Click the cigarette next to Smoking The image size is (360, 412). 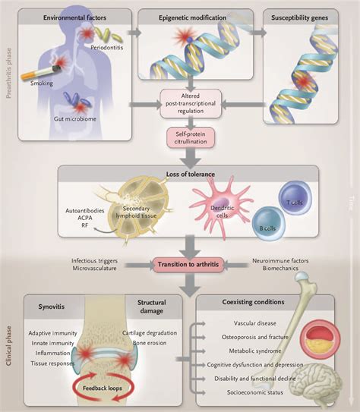(x=41, y=73)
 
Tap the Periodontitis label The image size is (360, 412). (x=107, y=48)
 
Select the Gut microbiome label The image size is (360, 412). (x=75, y=119)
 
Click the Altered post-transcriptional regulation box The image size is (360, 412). (x=191, y=103)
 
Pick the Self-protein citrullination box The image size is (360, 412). (x=191, y=137)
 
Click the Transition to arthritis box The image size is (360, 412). (x=188, y=264)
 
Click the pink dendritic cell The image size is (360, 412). (x=222, y=207)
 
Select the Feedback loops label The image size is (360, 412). (x=103, y=388)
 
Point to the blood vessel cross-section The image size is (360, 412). (x=320, y=340)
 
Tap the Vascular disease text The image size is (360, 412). (x=255, y=323)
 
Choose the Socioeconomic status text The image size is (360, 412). (x=255, y=392)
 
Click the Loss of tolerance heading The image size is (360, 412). (x=191, y=175)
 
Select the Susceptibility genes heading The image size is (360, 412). (x=299, y=18)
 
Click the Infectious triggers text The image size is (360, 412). (x=94, y=261)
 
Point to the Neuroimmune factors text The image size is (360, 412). (x=280, y=261)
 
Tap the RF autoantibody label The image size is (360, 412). (x=84, y=225)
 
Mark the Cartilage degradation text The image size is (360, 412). (x=150, y=333)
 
